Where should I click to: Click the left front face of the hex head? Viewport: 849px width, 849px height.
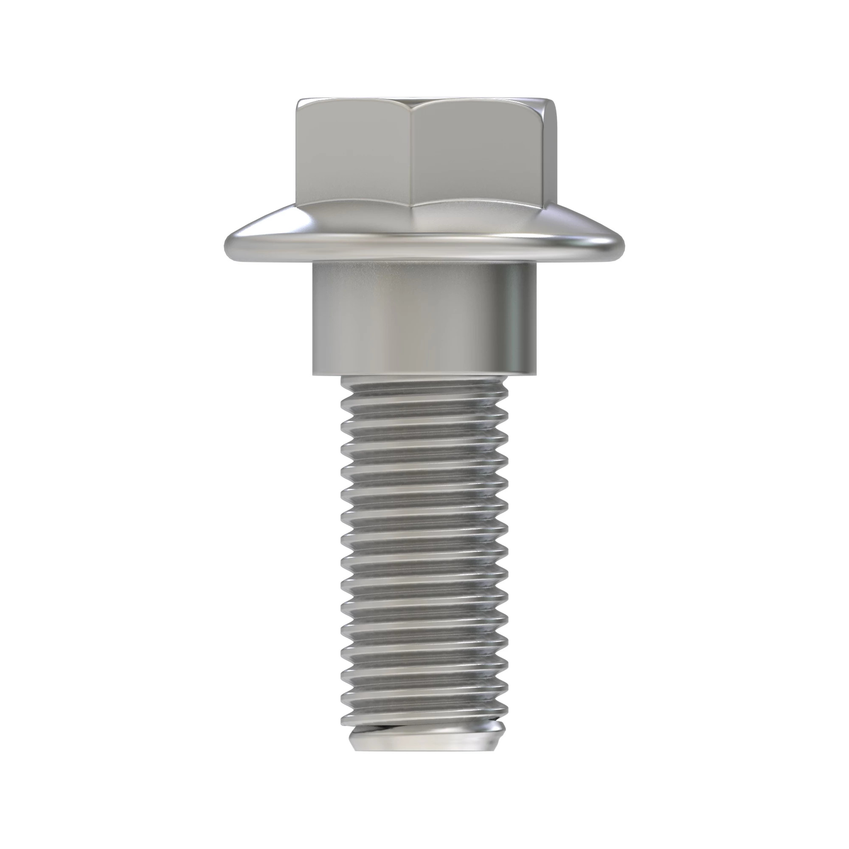pos(354,154)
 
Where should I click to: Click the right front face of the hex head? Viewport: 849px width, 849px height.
pos(477,154)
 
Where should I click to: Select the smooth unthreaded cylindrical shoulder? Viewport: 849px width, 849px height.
pos(396,321)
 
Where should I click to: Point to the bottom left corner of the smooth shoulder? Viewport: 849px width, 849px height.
pos(314,374)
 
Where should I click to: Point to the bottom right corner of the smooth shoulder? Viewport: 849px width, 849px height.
pos(537,374)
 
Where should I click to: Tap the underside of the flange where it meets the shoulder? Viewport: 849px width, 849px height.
pos(424,263)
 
